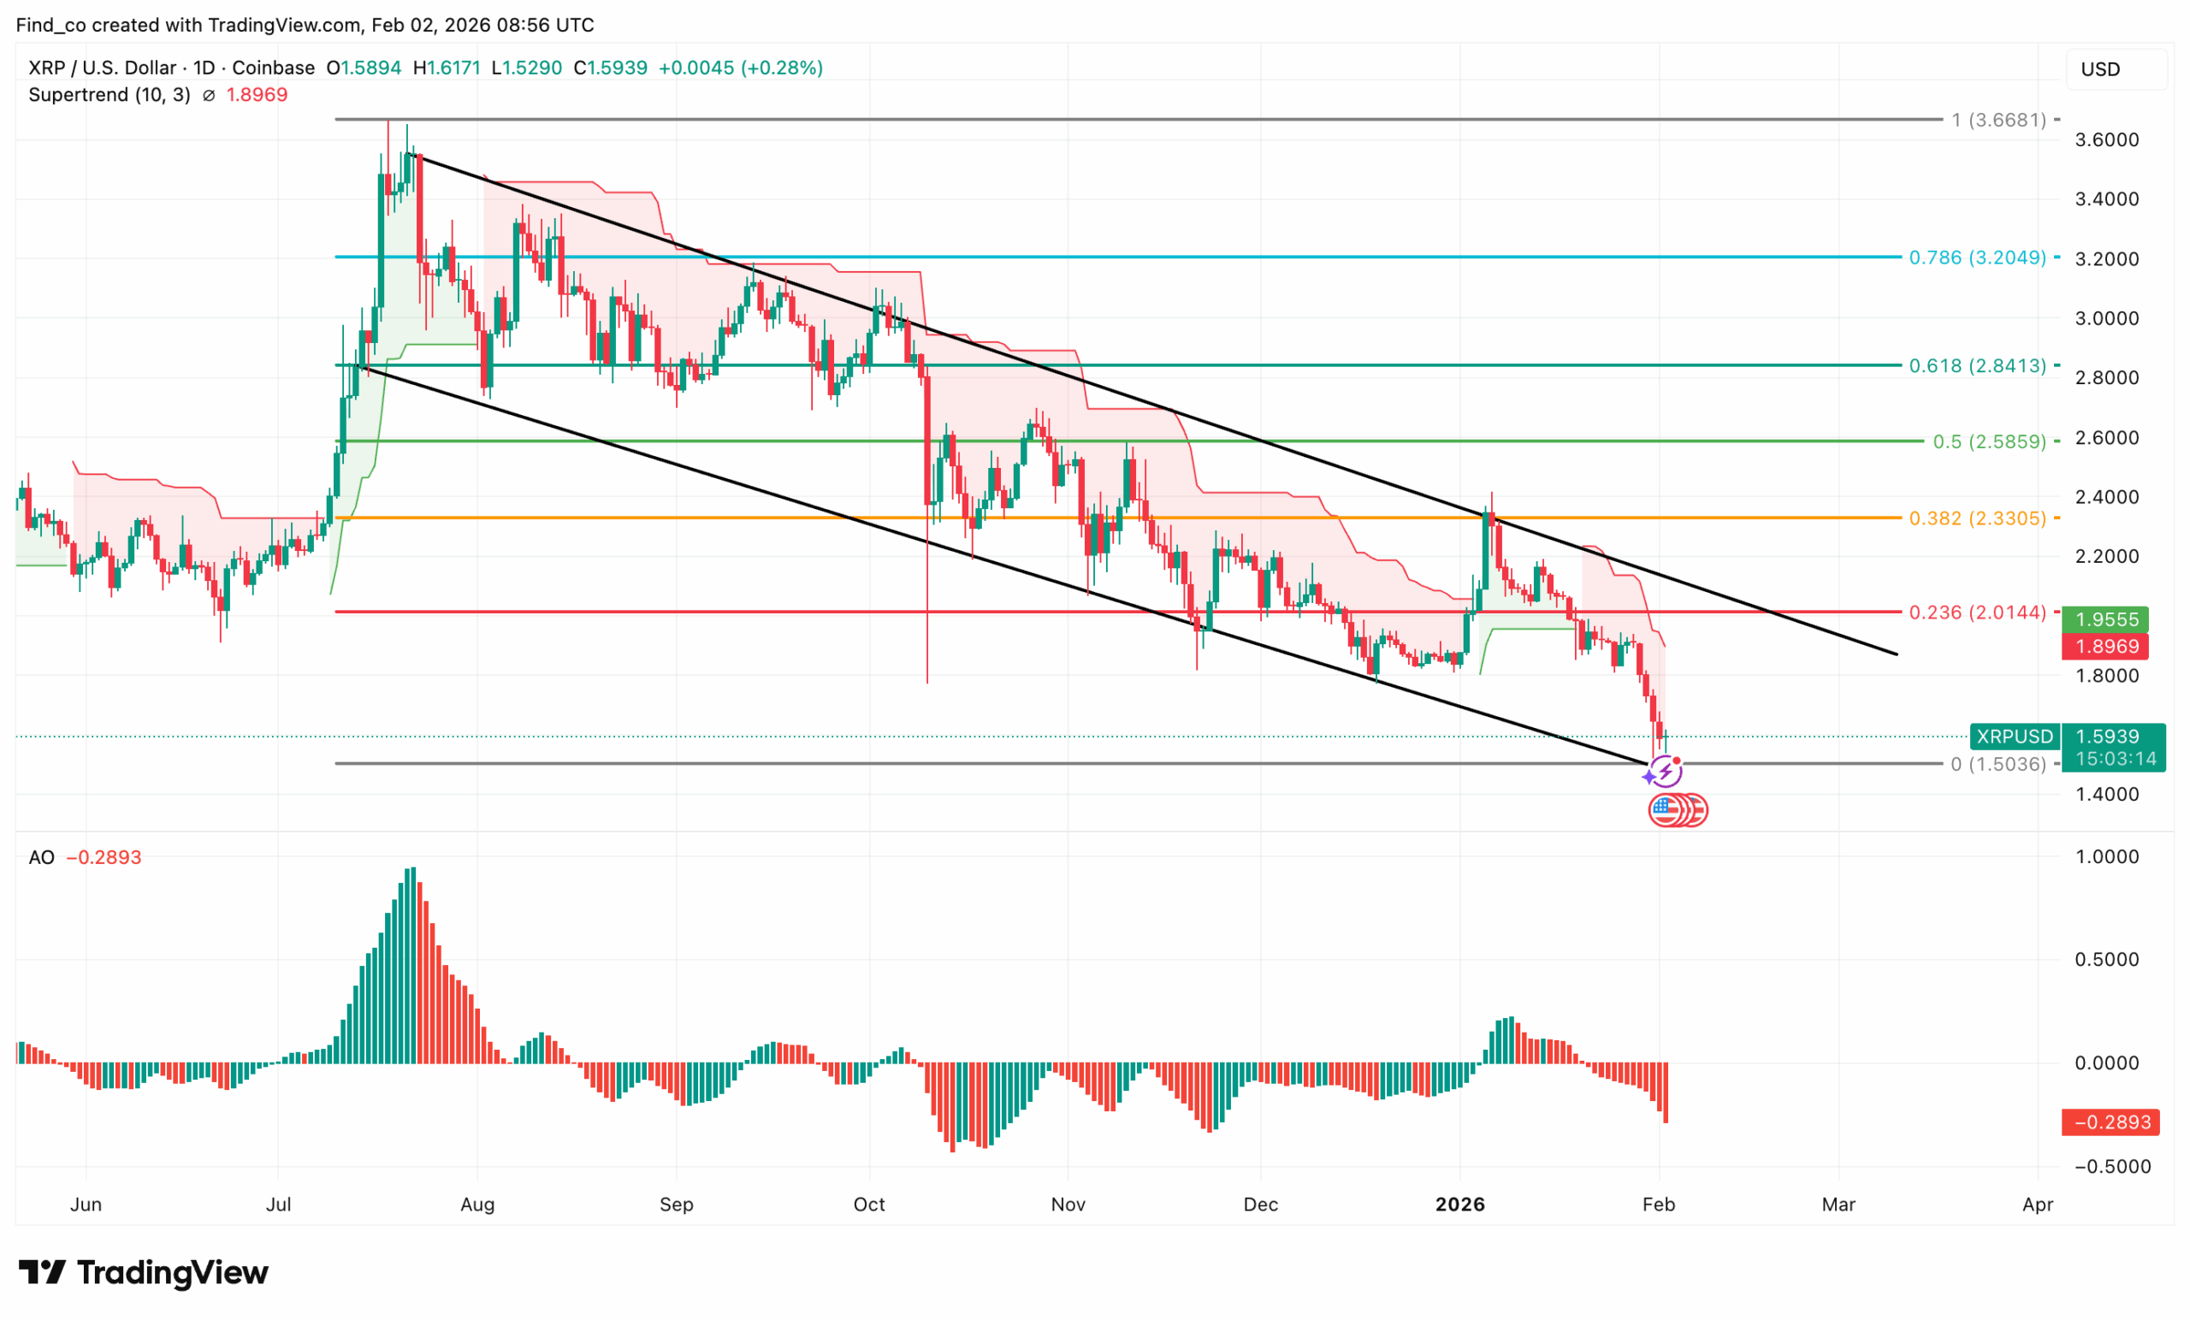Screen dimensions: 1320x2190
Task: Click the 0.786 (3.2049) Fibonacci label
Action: (1977, 257)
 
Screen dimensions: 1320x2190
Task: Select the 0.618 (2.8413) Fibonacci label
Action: (1977, 365)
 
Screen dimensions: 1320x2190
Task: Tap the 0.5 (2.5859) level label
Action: (1989, 441)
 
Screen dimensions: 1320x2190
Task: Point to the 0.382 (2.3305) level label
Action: (1977, 518)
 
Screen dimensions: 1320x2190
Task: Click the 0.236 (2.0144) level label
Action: (1977, 613)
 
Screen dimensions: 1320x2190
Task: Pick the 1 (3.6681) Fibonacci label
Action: (1998, 120)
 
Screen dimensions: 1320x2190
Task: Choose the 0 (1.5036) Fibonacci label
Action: (1998, 765)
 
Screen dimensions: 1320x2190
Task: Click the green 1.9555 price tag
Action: (2106, 619)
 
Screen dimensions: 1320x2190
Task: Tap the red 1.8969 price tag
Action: (2106, 646)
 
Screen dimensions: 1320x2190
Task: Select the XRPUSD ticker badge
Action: (2014, 737)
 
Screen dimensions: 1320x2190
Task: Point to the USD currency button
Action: (2100, 69)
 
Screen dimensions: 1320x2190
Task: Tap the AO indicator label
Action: (42, 858)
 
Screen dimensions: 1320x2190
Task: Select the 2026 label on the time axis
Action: (1460, 1205)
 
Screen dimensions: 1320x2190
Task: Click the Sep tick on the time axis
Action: (677, 1205)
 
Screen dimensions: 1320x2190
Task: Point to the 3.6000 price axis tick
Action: (2106, 140)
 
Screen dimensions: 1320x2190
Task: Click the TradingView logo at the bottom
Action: (144, 1273)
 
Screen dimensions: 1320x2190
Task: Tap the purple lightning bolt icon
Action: (1665, 771)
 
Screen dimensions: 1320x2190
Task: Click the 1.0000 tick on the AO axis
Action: (2106, 857)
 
